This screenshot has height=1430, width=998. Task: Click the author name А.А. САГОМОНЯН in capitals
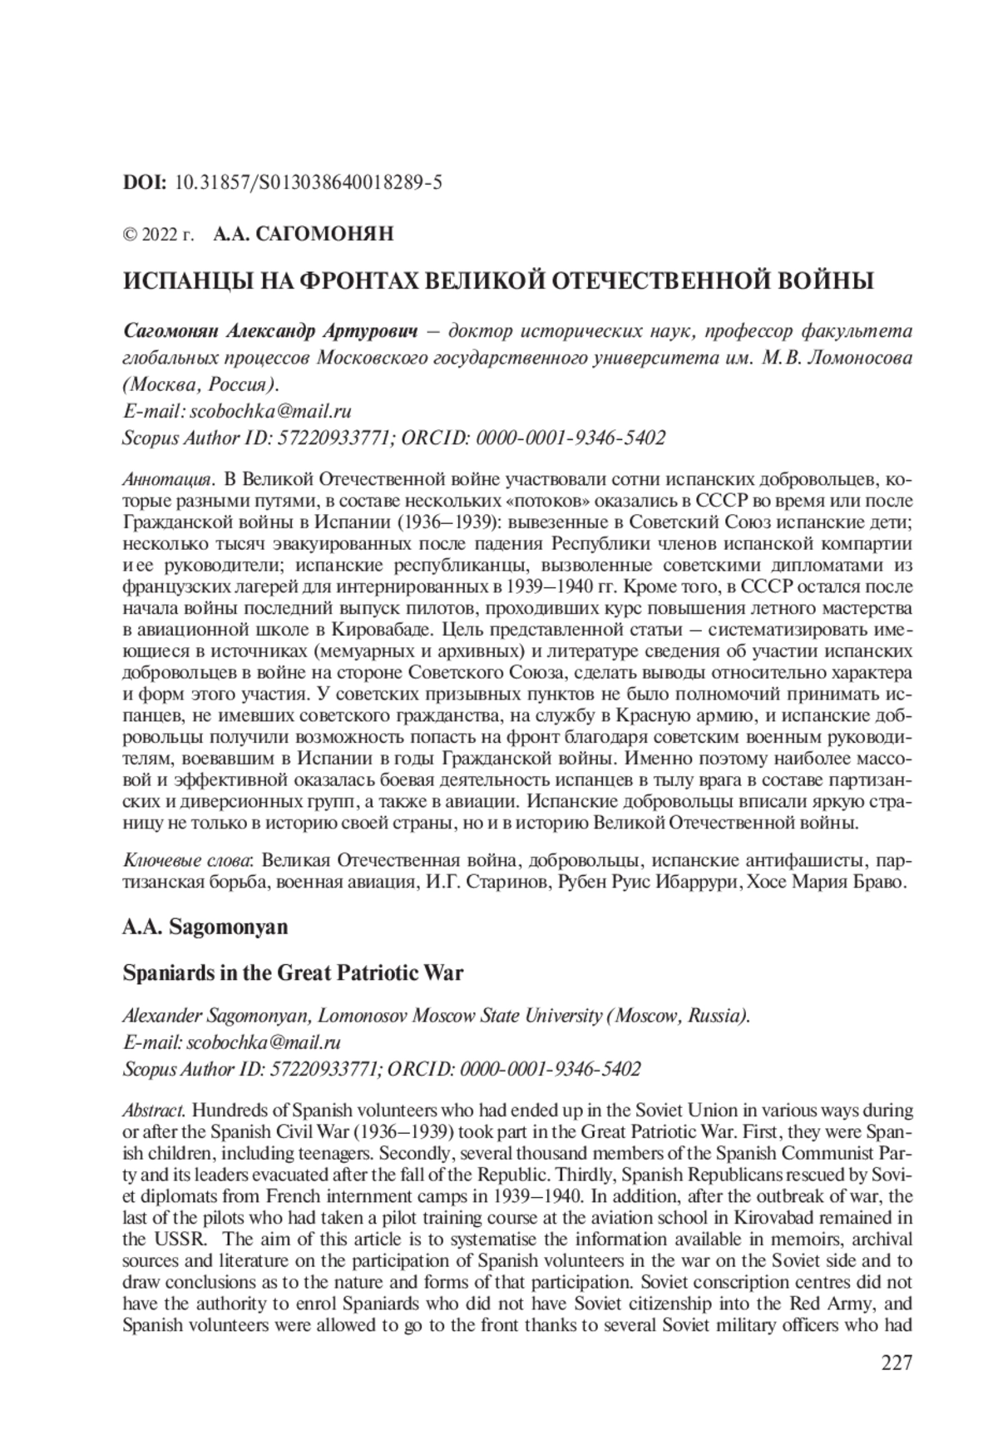click(303, 235)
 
